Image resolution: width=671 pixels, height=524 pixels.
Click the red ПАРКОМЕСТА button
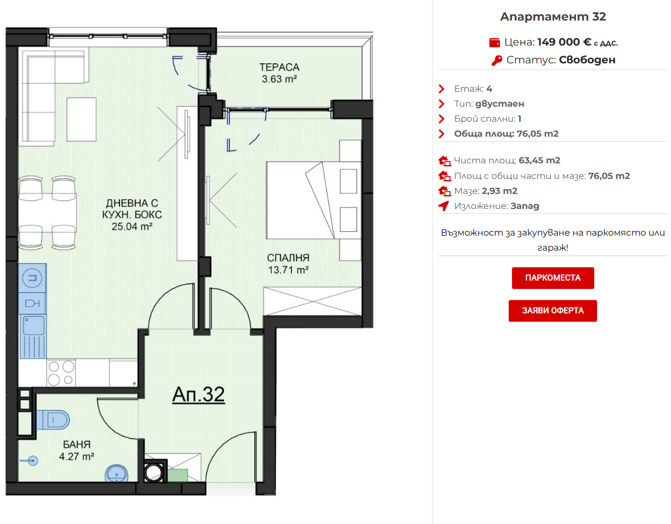pyautogui.click(x=553, y=278)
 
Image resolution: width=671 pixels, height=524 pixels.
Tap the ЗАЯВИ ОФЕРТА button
pyautogui.click(x=553, y=311)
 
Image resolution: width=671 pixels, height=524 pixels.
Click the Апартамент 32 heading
pyautogui.click(x=553, y=17)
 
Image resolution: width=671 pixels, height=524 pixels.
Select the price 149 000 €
pyautogui.click(x=564, y=42)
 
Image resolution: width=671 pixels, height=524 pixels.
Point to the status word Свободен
pyautogui.click(x=587, y=60)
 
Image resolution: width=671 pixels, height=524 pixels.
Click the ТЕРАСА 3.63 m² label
pyautogui.click(x=279, y=73)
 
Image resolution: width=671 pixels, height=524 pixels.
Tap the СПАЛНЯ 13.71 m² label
pyautogui.click(x=288, y=264)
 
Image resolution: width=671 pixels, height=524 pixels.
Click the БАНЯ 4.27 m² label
pyautogui.click(x=77, y=451)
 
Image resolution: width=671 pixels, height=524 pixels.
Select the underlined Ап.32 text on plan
pyautogui.click(x=198, y=395)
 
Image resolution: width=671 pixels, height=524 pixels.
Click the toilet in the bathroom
pyautogui.click(x=53, y=420)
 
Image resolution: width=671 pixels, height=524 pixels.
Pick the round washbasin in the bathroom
pyautogui.click(x=116, y=473)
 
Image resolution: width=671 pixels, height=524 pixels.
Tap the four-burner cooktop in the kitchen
pyautogui.click(x=61, y=372)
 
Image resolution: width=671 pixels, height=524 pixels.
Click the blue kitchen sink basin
pyautogui.click(x=33, y=325)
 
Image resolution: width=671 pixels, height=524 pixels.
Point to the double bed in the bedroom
pyautogui.click(x=314, y=200)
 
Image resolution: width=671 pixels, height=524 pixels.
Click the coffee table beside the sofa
pyautogui.click(x=82, y=119)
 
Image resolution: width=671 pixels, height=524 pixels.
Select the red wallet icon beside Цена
pyautogui.click(x=494, y=43)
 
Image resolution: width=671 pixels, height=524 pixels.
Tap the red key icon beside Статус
pyautogui.click(x=496, y=61)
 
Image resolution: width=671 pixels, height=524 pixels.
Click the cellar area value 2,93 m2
pyautogui.click(x=499, y=191)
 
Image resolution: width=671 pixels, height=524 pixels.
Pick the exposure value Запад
pyautogui.click(x=525, y=206)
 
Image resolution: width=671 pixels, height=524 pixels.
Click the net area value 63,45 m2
pyautogui.click(x=539, y=161)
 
